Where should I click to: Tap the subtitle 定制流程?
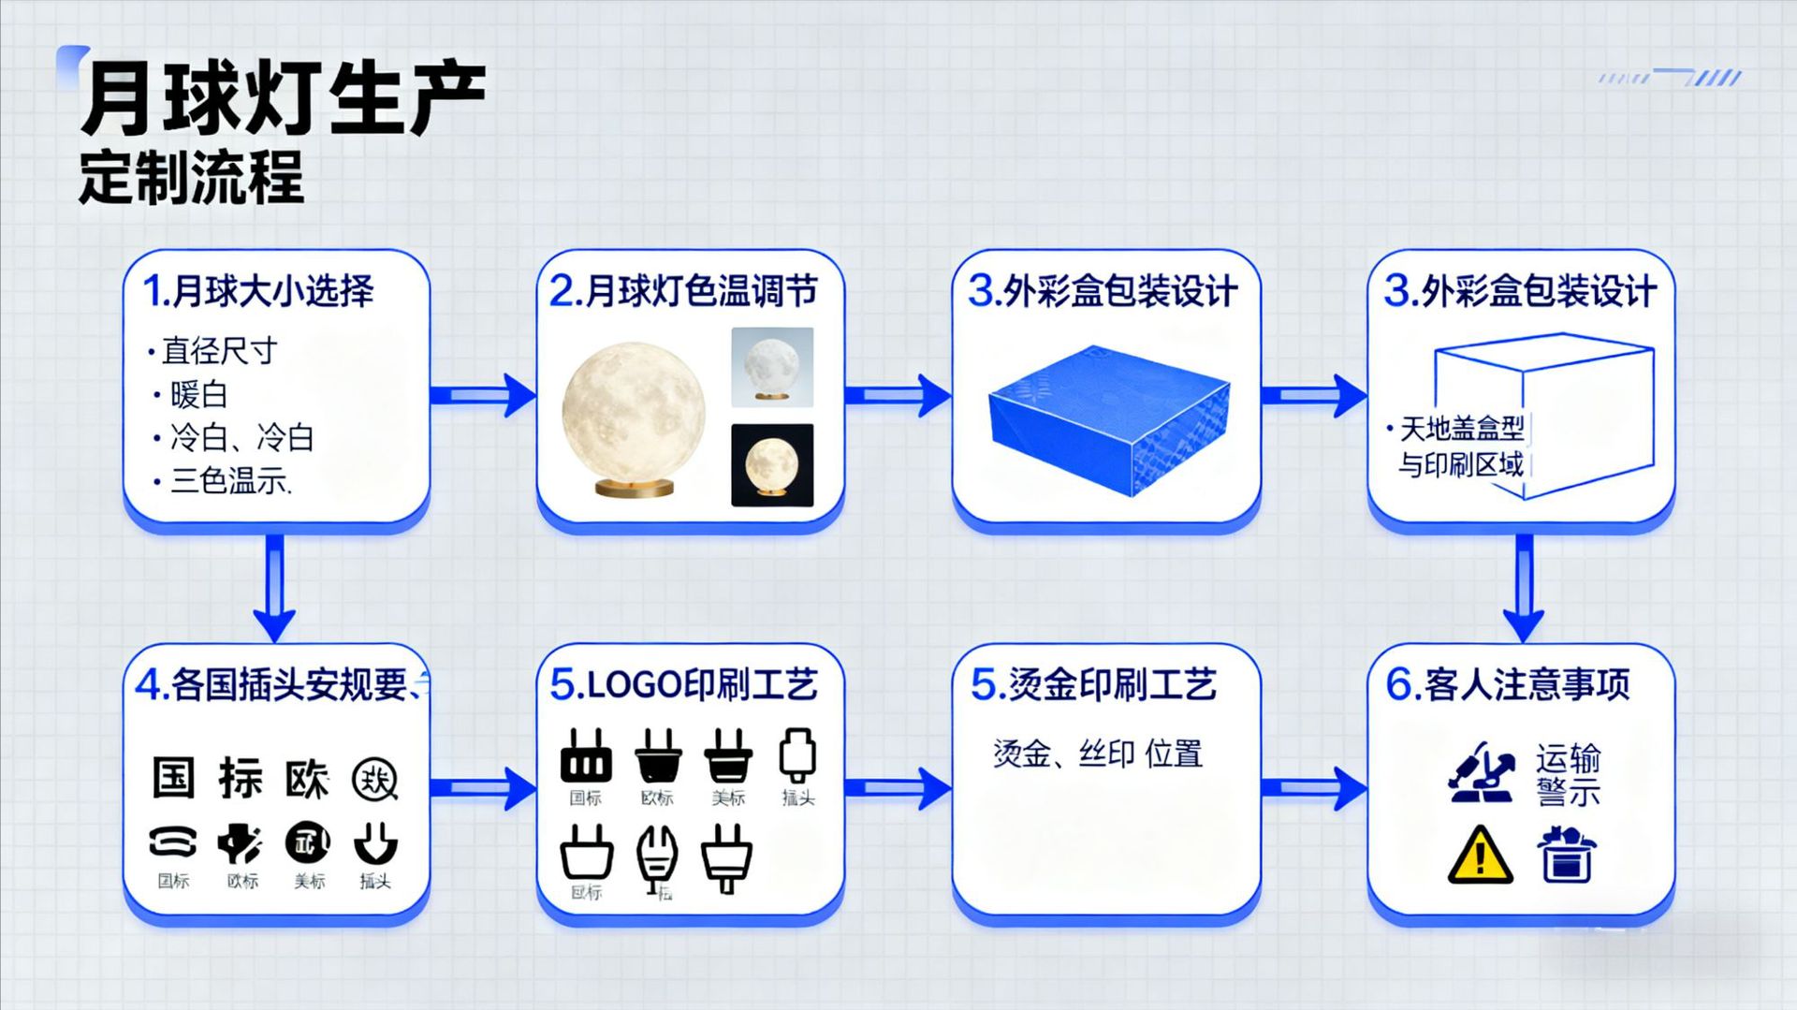192,177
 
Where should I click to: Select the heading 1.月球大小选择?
258,291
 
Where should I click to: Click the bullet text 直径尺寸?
219,351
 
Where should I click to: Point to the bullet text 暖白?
198,395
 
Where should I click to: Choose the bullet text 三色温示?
230,481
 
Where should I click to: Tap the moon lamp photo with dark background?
772,465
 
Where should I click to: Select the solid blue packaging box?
1109,418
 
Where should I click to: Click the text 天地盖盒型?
1461,430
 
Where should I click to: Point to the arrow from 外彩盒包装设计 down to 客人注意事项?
1524,588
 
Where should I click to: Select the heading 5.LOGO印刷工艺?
684,685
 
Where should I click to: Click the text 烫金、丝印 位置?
1098,754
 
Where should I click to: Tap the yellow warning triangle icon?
1480,855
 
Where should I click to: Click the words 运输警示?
1568,774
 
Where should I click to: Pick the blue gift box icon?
1567,854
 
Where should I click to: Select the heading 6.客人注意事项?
1508,685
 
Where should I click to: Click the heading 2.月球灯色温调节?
684,291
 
